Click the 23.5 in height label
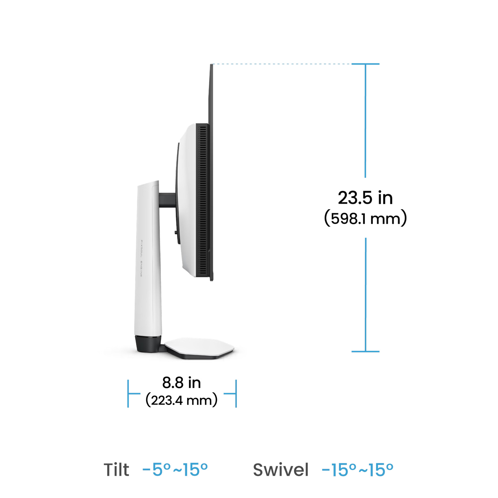click(365, 198)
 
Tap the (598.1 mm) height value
click(365, 218)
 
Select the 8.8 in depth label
click(181, 383)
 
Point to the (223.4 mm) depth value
click(181, 400)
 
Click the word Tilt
click(116, 470)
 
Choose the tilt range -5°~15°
click(175, 470)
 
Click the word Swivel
click(281, 470)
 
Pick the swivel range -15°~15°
click(358, 470)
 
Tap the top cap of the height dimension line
click(365, 64)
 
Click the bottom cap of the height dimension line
click(365, 351)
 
